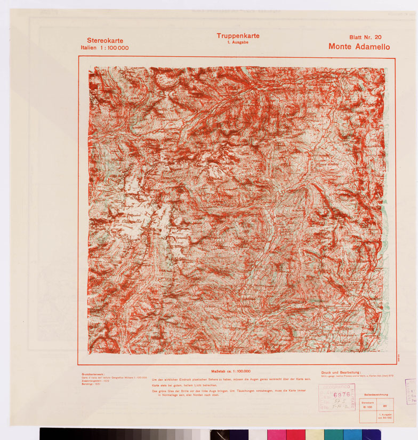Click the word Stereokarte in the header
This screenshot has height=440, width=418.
click(105, 41)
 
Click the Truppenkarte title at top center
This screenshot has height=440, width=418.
click(238, 36)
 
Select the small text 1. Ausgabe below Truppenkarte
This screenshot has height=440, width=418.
click(238, 42)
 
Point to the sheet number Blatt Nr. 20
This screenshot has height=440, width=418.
click(365, 37)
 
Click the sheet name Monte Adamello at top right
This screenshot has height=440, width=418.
click(359, 46)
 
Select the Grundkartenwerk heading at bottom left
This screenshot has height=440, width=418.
click(95, 374)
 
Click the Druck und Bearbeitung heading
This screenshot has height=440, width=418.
click(341, 373)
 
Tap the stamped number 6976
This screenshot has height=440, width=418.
click(341, 395)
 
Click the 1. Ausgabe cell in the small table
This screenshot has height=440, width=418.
click(384, 416)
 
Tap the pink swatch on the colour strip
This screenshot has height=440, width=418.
click(276, 434)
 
